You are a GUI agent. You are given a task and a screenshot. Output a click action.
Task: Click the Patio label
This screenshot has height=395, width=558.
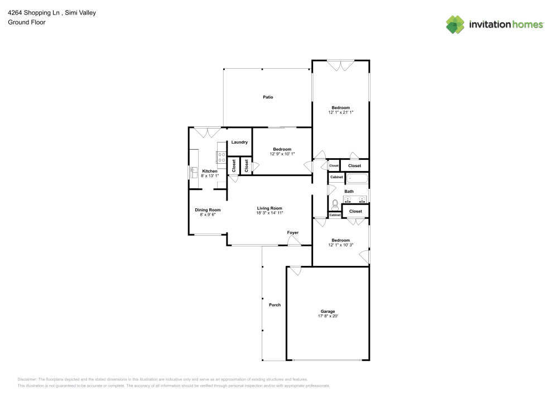(x=268, y=97)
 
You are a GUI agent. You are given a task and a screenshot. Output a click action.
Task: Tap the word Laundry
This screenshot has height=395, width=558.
(x=239, y=142)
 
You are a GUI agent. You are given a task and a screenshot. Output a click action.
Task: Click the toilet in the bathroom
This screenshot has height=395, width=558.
(x=335, y=205)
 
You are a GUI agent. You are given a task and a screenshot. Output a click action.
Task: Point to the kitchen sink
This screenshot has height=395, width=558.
(x=194, y=172)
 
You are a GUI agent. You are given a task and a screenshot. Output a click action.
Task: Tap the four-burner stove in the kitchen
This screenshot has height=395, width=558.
(x=221, y=157)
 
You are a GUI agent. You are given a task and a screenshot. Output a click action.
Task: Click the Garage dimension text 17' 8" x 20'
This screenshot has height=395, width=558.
(x=328, y=316)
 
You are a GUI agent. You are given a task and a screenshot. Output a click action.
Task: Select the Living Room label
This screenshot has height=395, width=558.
(x=269, y=208)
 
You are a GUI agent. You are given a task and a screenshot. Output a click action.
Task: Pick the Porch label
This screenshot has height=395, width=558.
(x=275, y=305)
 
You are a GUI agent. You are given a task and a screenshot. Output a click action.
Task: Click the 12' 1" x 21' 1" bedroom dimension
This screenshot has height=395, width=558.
(x=340, y=112)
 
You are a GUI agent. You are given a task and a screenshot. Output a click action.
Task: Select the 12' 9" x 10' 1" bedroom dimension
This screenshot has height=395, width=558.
(x=282, y=154)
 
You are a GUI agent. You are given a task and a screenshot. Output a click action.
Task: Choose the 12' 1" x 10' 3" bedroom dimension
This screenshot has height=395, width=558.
(x=340, y=245)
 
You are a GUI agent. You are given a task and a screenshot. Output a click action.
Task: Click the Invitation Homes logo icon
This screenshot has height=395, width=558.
(x=455, y=25)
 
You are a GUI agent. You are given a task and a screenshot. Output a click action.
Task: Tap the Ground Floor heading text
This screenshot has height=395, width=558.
(x=27, y=22)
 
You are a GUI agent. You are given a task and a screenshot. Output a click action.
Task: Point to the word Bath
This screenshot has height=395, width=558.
(x=349, y=192)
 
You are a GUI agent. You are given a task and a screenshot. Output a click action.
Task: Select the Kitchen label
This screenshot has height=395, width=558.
(x=210, y=171)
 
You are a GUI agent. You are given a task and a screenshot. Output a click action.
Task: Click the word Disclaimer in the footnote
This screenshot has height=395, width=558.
(x=27, y=379)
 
